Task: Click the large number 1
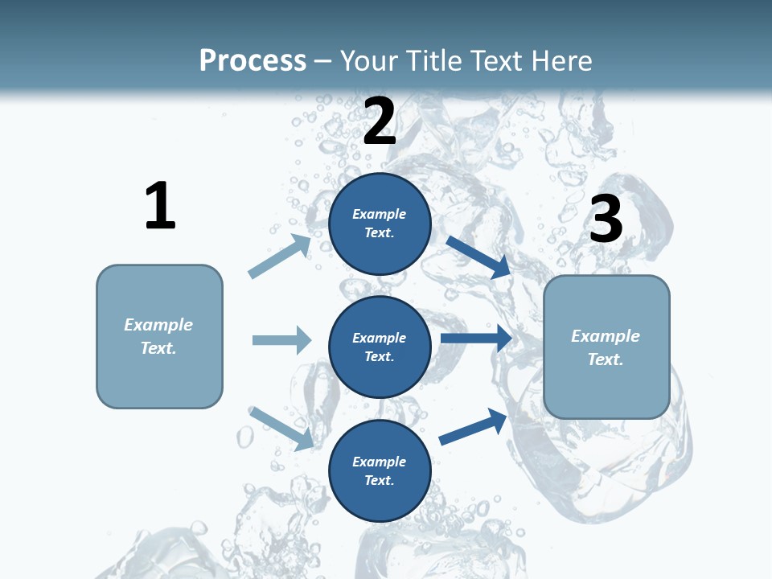tap(160, 206)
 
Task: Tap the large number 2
tap(380, 121)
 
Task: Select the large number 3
tap(606, 219)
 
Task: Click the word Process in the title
tap(253, 60)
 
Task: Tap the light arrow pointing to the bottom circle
tap(281, 428)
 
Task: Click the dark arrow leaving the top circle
tap(478, 257)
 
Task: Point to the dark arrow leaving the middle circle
tap(476, 338)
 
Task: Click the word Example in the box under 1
tap(158, 325)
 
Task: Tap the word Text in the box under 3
tap(606, 359)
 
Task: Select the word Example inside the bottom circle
tap(380, 462)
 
